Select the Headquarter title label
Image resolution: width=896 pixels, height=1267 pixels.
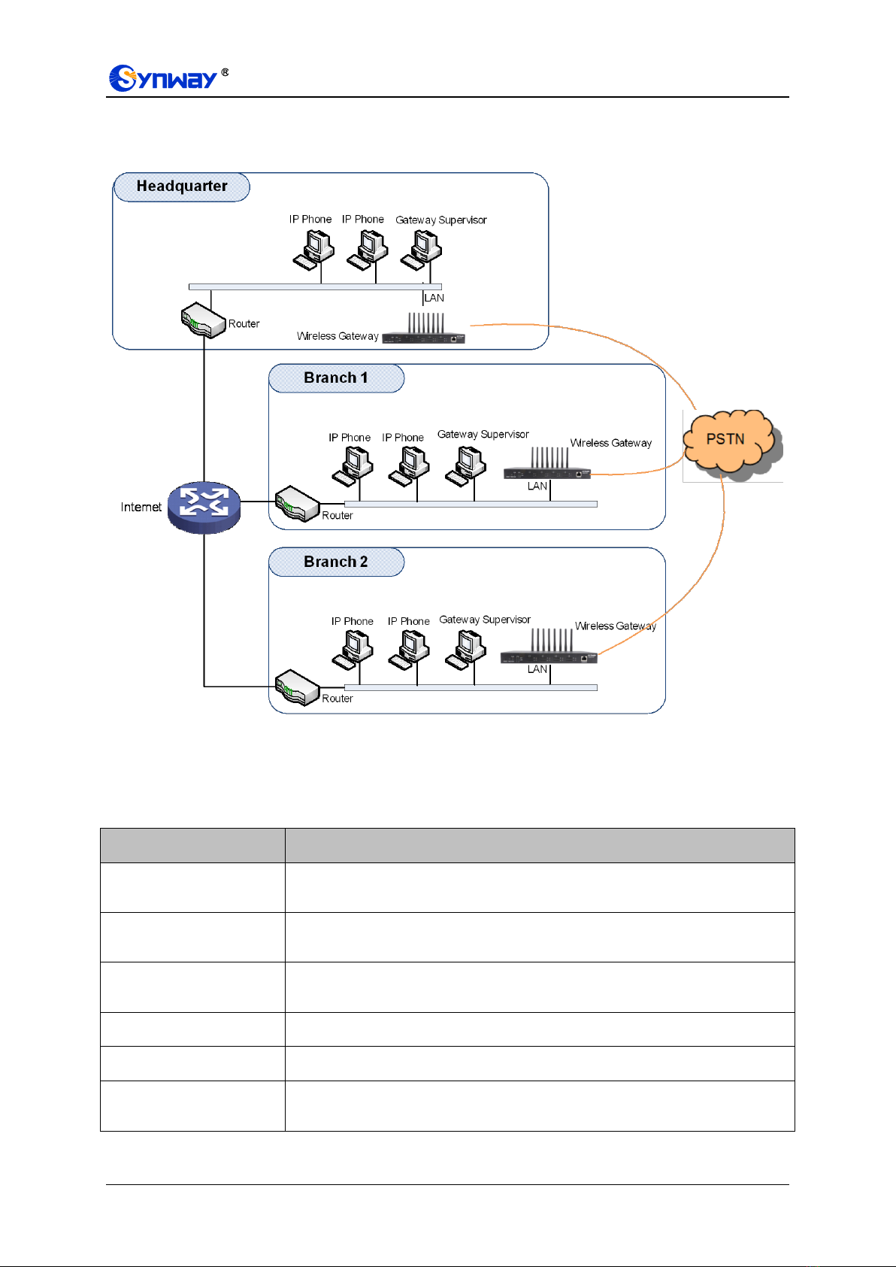(x=181, y=186)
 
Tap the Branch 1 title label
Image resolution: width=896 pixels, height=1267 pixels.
(x=336, y=377)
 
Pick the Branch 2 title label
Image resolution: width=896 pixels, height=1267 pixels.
(x=336, y=562)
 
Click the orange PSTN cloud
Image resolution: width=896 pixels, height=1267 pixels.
(x=732, y=442)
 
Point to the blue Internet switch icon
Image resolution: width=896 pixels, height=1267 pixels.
(x=204, y=507)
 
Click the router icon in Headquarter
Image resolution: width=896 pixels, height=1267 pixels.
(x=204, y=320)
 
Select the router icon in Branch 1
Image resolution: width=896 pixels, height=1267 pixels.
(x=298, y=503)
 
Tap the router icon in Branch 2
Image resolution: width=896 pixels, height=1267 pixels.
(x=298, y=687)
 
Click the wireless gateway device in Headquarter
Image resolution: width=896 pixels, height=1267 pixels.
(x=423, y=328)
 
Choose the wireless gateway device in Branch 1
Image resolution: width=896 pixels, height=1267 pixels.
(x=546, y=463)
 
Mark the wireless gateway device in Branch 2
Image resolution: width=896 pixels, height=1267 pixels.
(x=548, y=646)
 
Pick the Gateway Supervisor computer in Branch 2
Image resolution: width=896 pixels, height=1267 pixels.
(x=465, y=650)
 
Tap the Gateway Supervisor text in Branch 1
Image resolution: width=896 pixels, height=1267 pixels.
(x=483, y=435)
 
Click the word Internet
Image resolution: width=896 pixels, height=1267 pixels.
(x=141, y=507)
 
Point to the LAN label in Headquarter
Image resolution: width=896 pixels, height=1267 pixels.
(x=434, y=298)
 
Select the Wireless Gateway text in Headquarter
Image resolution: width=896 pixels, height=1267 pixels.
(x=338, y=336)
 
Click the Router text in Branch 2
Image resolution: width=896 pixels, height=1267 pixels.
(x=338, y=699)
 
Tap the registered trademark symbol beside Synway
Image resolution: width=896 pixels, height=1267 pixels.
(x=225, y=72)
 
